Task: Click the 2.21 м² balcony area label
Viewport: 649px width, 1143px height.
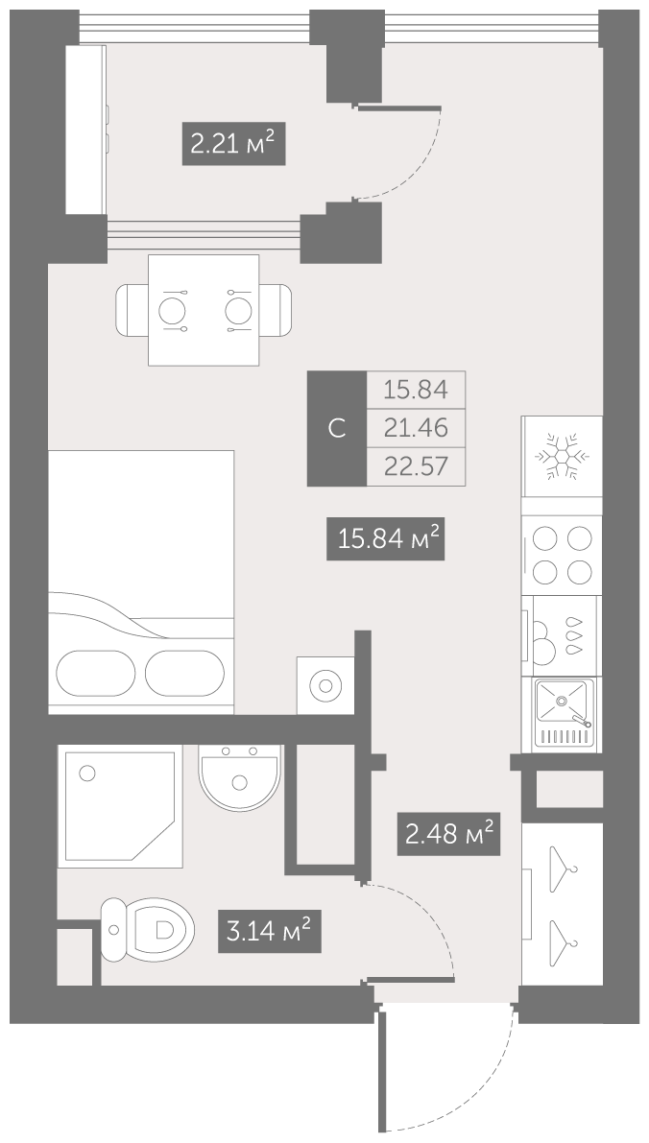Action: coord(232,144)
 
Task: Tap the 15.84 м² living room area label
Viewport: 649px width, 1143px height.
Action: coord(385,538)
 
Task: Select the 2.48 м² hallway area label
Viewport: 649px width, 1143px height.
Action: coord(448,833)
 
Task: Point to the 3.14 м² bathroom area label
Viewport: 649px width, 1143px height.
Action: coord(269,930)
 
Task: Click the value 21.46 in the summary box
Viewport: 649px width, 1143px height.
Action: coord(416,427)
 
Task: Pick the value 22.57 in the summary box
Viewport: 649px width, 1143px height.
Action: coord(416,465)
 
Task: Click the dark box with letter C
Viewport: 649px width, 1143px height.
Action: coord(337,429)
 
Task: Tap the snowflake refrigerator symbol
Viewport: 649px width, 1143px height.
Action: coord(563,456)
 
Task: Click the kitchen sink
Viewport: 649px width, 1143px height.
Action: coord(563,714)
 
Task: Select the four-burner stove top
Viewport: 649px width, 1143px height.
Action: coord(563,556)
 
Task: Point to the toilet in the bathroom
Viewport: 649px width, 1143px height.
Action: coord(147,929)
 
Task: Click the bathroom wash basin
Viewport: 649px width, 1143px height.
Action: coord(240,777)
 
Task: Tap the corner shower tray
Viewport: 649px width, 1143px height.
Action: coord(120,805)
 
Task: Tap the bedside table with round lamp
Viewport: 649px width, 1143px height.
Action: coord(325,685)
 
